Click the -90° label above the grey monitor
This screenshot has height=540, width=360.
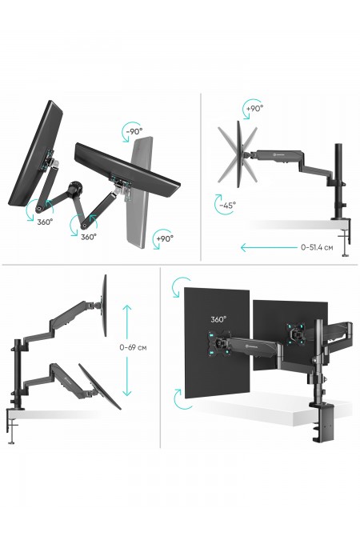[134, 131]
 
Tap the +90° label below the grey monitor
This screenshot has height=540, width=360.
[165, 238]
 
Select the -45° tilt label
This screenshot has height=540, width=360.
[228, 206]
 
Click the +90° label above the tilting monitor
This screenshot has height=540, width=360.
[255, 108]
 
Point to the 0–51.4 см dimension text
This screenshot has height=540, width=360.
[317, 247]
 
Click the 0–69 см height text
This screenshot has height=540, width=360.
[133, 347]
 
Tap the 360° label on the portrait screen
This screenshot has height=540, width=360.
[218, 319]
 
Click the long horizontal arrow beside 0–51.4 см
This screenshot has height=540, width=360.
[269, 247]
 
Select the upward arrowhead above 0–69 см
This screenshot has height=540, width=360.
[127, 307]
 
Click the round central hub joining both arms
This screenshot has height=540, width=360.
[74, 188]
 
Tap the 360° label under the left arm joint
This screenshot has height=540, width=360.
[45, 222]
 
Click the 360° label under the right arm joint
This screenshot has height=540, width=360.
[89, 237]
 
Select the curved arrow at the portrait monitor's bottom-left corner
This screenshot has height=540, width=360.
[180, 399]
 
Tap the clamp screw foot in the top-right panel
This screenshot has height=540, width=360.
[345, 255]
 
